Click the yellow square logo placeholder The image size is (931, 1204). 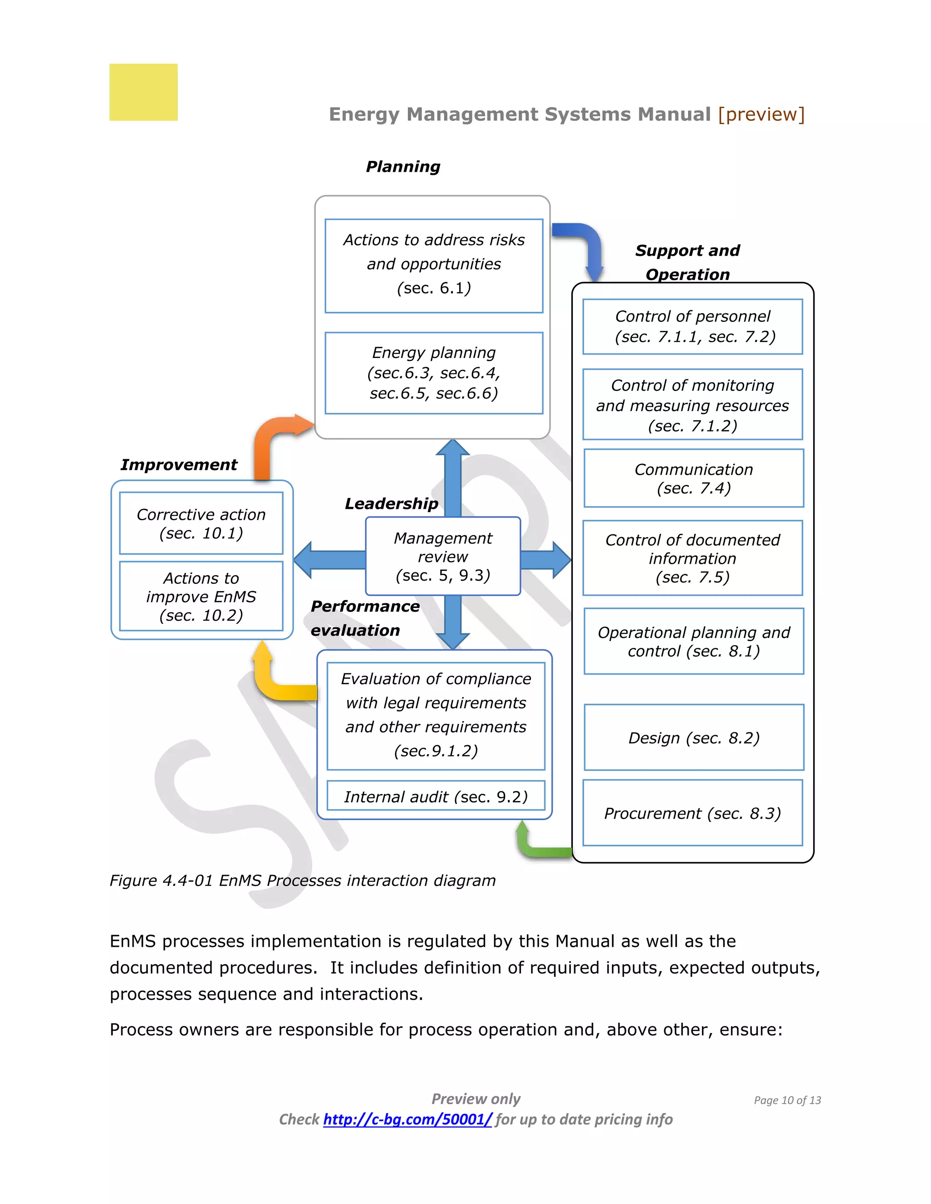(x=143, y=92)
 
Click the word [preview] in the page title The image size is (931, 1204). (x=761, y=114)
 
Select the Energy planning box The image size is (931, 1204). (x=434, y=373)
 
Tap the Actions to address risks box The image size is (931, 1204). (x=434, y=265)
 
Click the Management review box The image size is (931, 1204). (x=443, y=556)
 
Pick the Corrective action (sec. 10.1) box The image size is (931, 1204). (x=201, y=523)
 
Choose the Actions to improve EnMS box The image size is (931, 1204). (x=201, y=596)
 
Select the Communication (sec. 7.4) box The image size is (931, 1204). (x=693, y=478)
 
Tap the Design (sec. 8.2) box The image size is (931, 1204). (x=693, y=737)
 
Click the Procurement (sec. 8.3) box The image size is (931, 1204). (x=692, y=813)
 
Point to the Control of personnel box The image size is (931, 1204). (x=693, y=326)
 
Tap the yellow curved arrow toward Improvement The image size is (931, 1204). (x=276, y=684)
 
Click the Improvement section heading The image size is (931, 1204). (x=179, y=465)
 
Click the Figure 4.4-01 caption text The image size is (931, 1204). (x=302, y=881)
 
